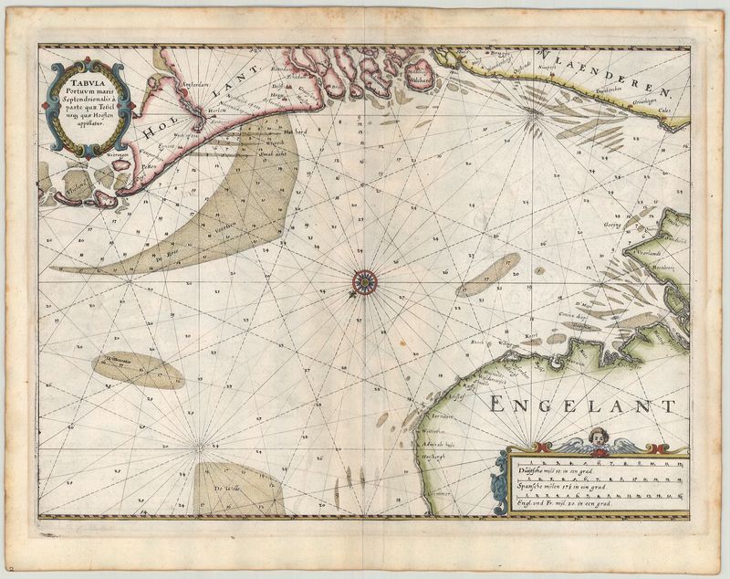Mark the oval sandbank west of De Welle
coord(138,369)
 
